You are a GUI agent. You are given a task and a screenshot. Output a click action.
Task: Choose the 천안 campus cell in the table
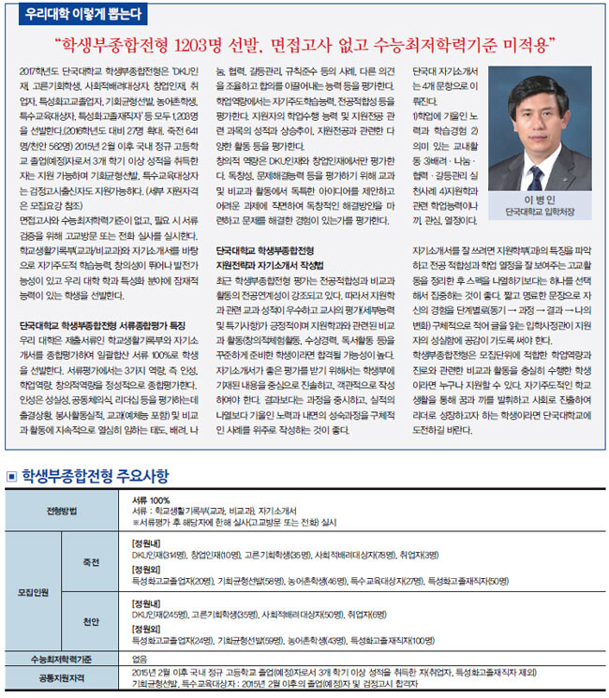(91, 621)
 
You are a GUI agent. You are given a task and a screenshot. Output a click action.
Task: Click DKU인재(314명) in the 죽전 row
(159, 553)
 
